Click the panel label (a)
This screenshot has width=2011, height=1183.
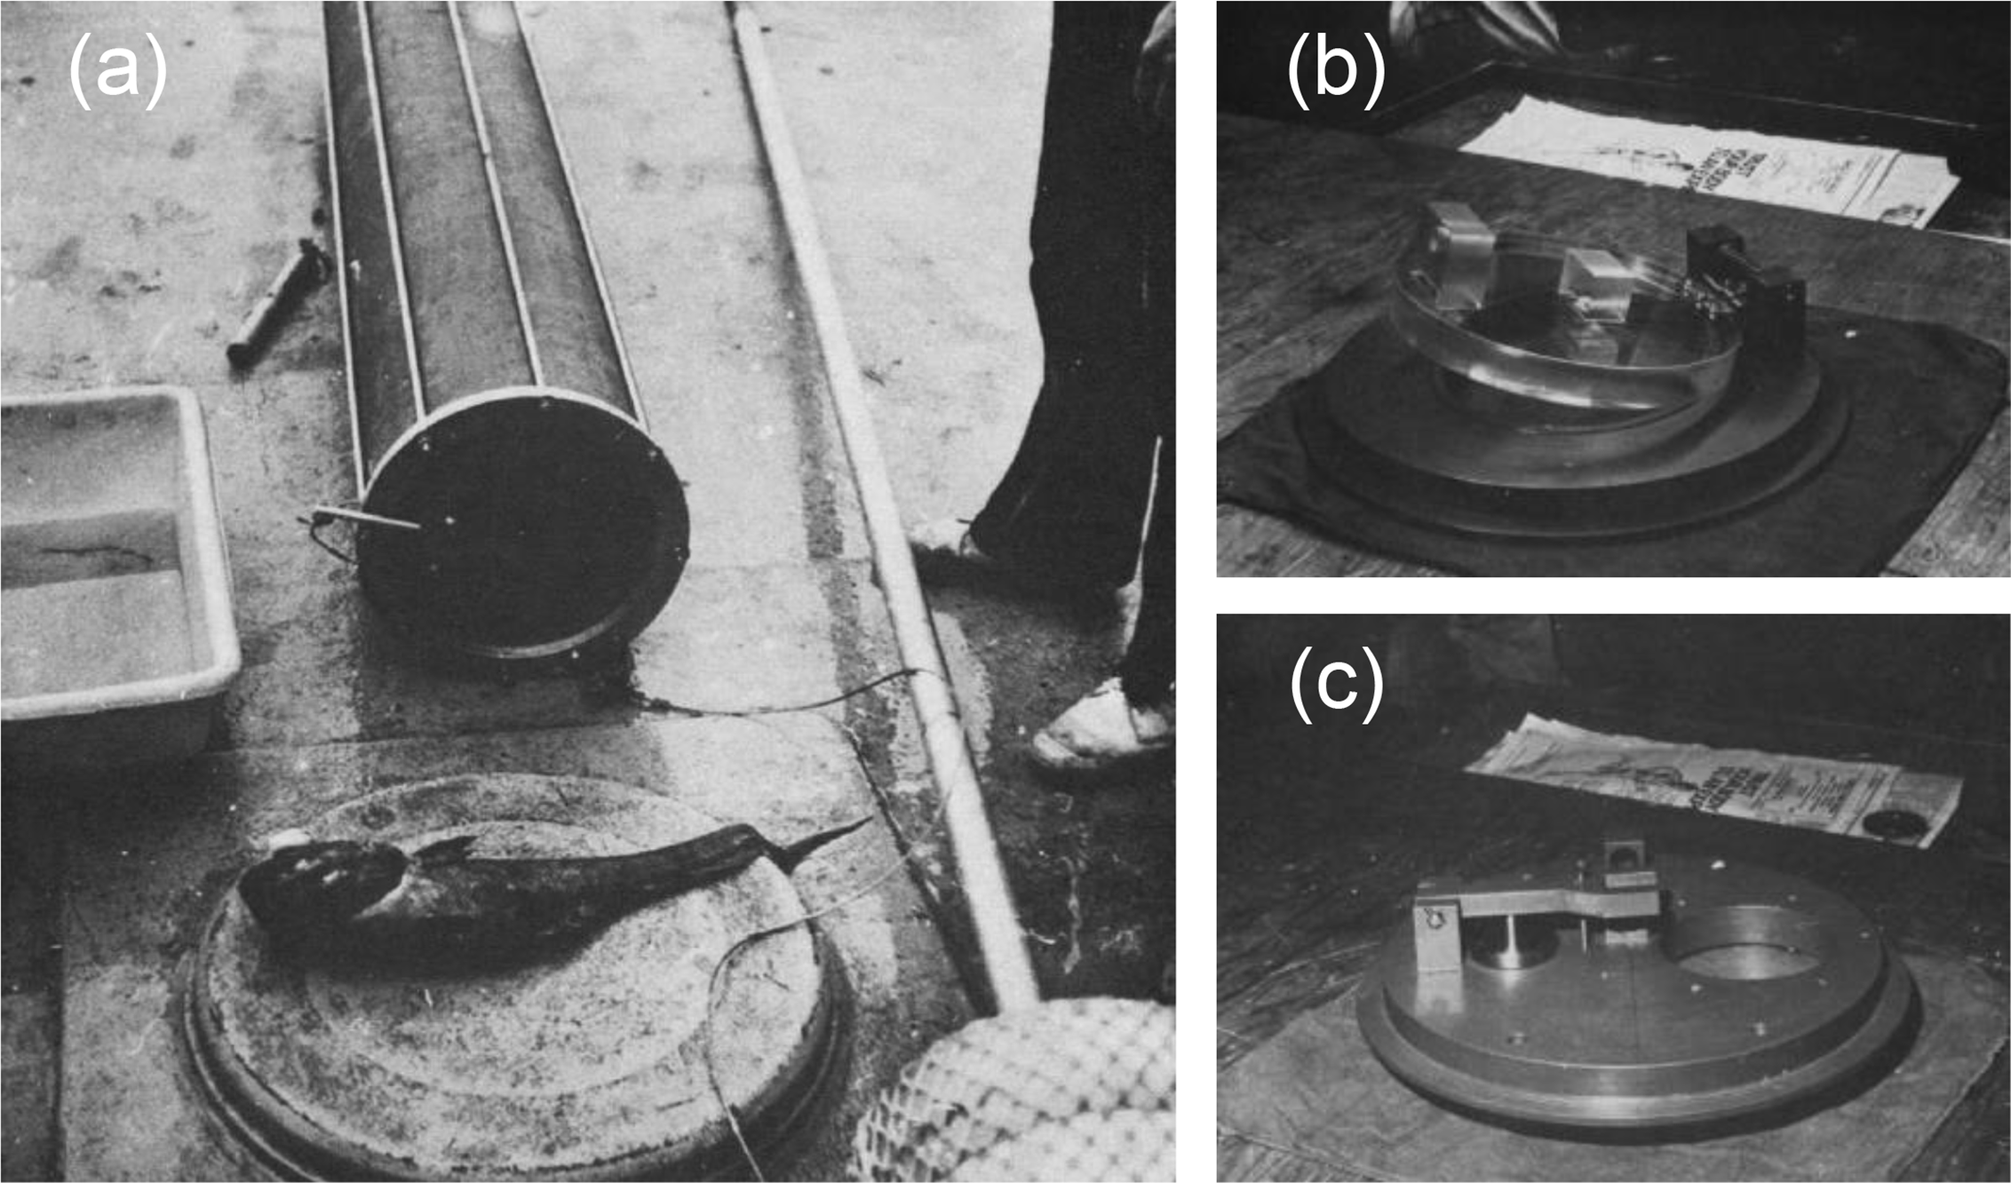point(117,70)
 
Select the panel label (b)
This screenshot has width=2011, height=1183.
point(1335,70)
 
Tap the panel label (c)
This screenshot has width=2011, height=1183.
point(1336,684)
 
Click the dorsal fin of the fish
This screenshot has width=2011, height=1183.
point(449,848)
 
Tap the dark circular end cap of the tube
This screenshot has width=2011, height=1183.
point(524,524)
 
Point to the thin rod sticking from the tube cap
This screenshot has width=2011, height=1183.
point(369,518)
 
